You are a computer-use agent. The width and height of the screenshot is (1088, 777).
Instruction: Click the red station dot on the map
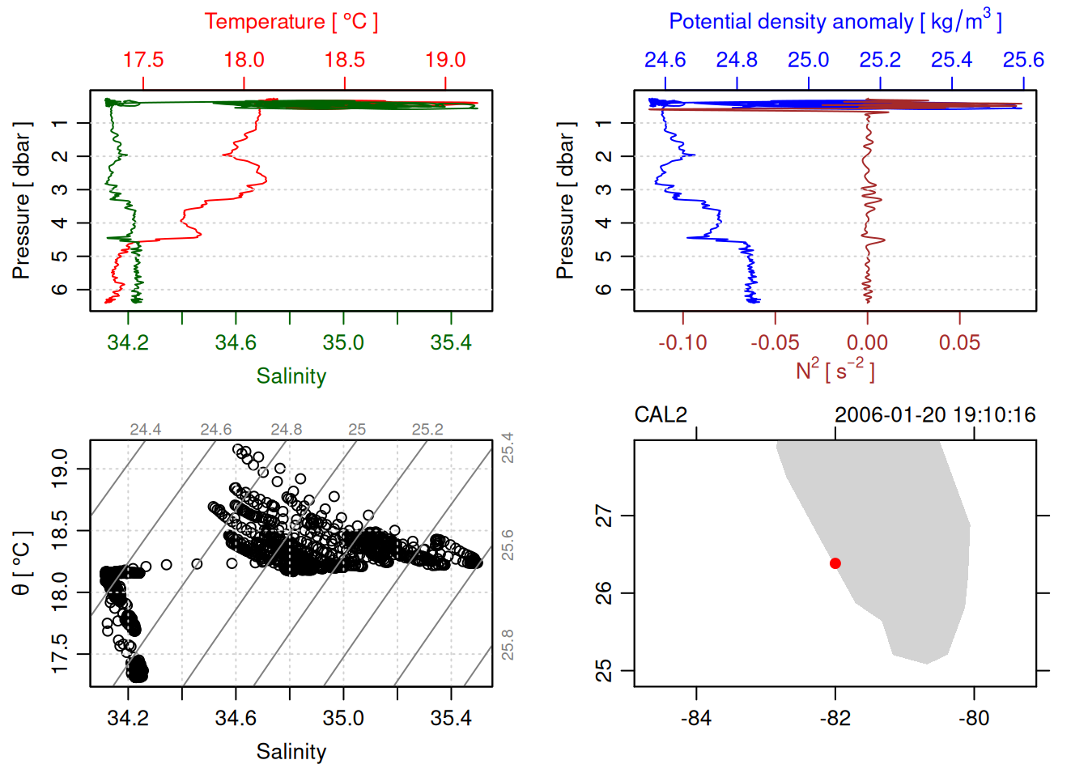[835, 563]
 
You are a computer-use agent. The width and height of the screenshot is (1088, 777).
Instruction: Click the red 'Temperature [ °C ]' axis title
[291, 22]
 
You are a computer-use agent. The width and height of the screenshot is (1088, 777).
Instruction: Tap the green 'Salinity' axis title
[291, 376]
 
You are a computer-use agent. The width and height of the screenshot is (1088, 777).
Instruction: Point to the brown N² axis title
[835, 371]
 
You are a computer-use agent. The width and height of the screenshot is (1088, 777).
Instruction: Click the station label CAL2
[661, 415]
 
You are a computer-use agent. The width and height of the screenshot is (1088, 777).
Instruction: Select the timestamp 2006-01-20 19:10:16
[935, 415]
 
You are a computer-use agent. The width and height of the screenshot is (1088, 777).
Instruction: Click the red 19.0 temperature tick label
[445, 60]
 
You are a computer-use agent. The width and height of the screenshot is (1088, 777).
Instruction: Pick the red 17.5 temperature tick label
[143, 60]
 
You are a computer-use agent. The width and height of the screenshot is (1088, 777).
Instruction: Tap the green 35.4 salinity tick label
[451, 342]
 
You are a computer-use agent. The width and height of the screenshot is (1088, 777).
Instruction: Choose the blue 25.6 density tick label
[1023, 60]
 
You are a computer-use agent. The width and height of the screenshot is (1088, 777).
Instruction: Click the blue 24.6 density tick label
[665, 60]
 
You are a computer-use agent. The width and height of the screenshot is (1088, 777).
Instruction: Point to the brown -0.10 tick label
[682, 342]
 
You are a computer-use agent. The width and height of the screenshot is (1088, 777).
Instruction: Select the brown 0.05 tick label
[959, 342]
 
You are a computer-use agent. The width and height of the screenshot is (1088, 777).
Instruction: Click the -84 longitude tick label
[696, 718]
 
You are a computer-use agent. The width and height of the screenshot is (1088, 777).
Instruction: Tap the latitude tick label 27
[604, 516]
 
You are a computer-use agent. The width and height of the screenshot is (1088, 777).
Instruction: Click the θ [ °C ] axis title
[22, 563]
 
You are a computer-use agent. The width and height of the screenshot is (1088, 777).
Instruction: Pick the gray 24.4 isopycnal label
[146, 430]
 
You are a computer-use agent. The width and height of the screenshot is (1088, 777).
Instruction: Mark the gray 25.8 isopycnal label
[507, 644]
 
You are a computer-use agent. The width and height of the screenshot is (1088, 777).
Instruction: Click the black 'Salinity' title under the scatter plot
[291, 752]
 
